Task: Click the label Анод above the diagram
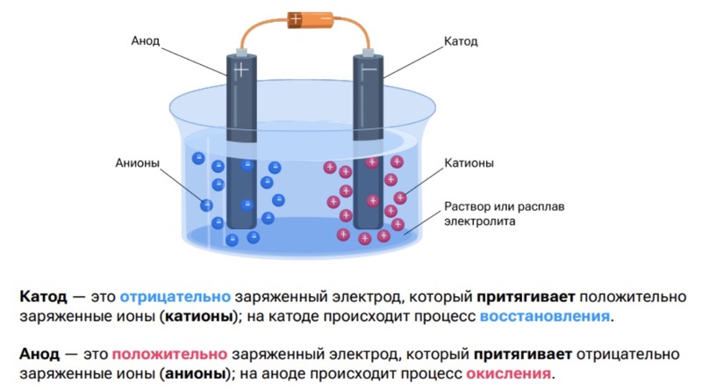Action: [146, 41]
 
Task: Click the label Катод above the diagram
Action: [463, 41]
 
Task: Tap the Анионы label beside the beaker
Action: [136, 162]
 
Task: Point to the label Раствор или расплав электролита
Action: [498, 213]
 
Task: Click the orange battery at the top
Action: [311, 18]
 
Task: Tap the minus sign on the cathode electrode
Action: [369, 68]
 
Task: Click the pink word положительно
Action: [169, 354]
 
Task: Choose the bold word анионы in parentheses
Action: [194, 374]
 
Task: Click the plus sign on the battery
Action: [297, 18]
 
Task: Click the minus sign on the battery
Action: [326, 18]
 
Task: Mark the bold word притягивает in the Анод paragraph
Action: [522, 354]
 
